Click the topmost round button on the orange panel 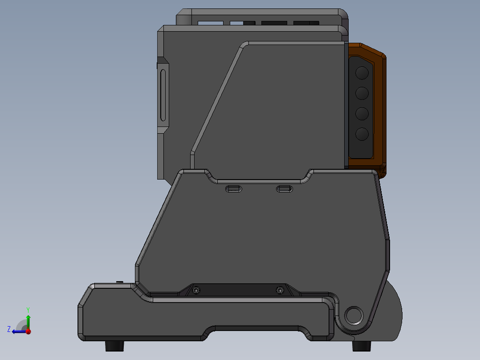tap(362, 73)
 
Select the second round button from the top tap(362, 93)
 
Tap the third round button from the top tap(362, 114)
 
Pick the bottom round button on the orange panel tap(362, 134)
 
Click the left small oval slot tap(234, 189)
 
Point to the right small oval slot tap(284, 189)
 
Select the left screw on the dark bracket tap(196, 290)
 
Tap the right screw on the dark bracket tap(280, 290)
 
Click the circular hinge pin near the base tap(354, 315)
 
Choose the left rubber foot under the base tap(114, 346)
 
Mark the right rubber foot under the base tap(361, 346)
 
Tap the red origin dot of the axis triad tap(28, 331)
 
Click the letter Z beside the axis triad tap(9, 329)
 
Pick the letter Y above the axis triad tap(28, 309)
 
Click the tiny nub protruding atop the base tap(119, 282)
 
